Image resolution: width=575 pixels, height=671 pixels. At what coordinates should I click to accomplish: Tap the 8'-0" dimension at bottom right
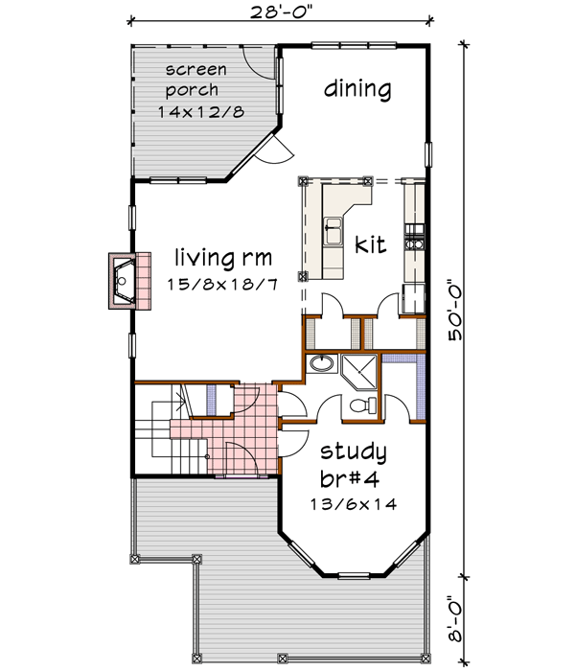465,620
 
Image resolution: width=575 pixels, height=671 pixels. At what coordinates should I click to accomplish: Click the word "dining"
356,89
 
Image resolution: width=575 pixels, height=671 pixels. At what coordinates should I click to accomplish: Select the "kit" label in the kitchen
370,245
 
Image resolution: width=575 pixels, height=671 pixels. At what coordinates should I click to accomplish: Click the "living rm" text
224,257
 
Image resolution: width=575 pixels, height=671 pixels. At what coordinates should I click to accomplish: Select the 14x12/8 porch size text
201,111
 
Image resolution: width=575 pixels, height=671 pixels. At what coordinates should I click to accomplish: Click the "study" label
354,451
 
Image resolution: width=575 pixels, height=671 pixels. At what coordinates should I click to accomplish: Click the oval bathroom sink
323,366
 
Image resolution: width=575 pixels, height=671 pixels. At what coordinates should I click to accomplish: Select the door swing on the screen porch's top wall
257,63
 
